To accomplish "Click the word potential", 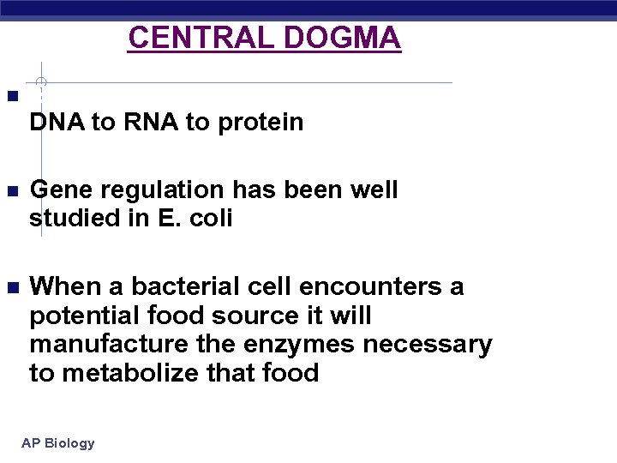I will pyautogui.click(x=80, y=316).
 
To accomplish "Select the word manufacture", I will pyautogui.click(x=102, y=345).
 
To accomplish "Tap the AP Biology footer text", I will pyautogui.click(x=58, y=443).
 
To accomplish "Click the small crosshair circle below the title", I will pyautogui.click(x=41, y=83).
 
